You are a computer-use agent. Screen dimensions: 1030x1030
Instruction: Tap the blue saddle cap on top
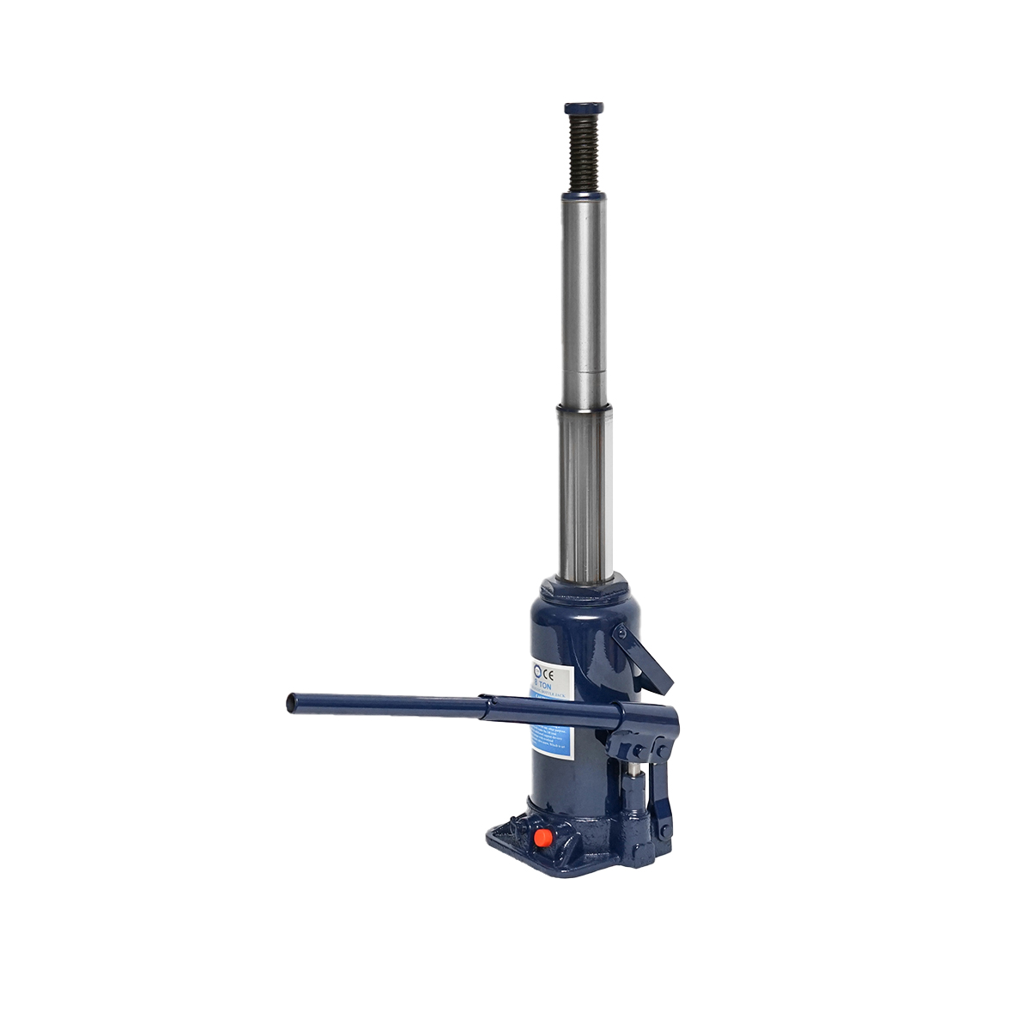[584, 109]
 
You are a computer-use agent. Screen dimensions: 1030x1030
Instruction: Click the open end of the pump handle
[291, 703]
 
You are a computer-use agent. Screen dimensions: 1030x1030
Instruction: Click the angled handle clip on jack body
[644, 659]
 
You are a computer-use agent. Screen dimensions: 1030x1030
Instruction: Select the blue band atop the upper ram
[584, 197]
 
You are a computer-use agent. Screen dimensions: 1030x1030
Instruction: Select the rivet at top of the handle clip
[621, 633]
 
